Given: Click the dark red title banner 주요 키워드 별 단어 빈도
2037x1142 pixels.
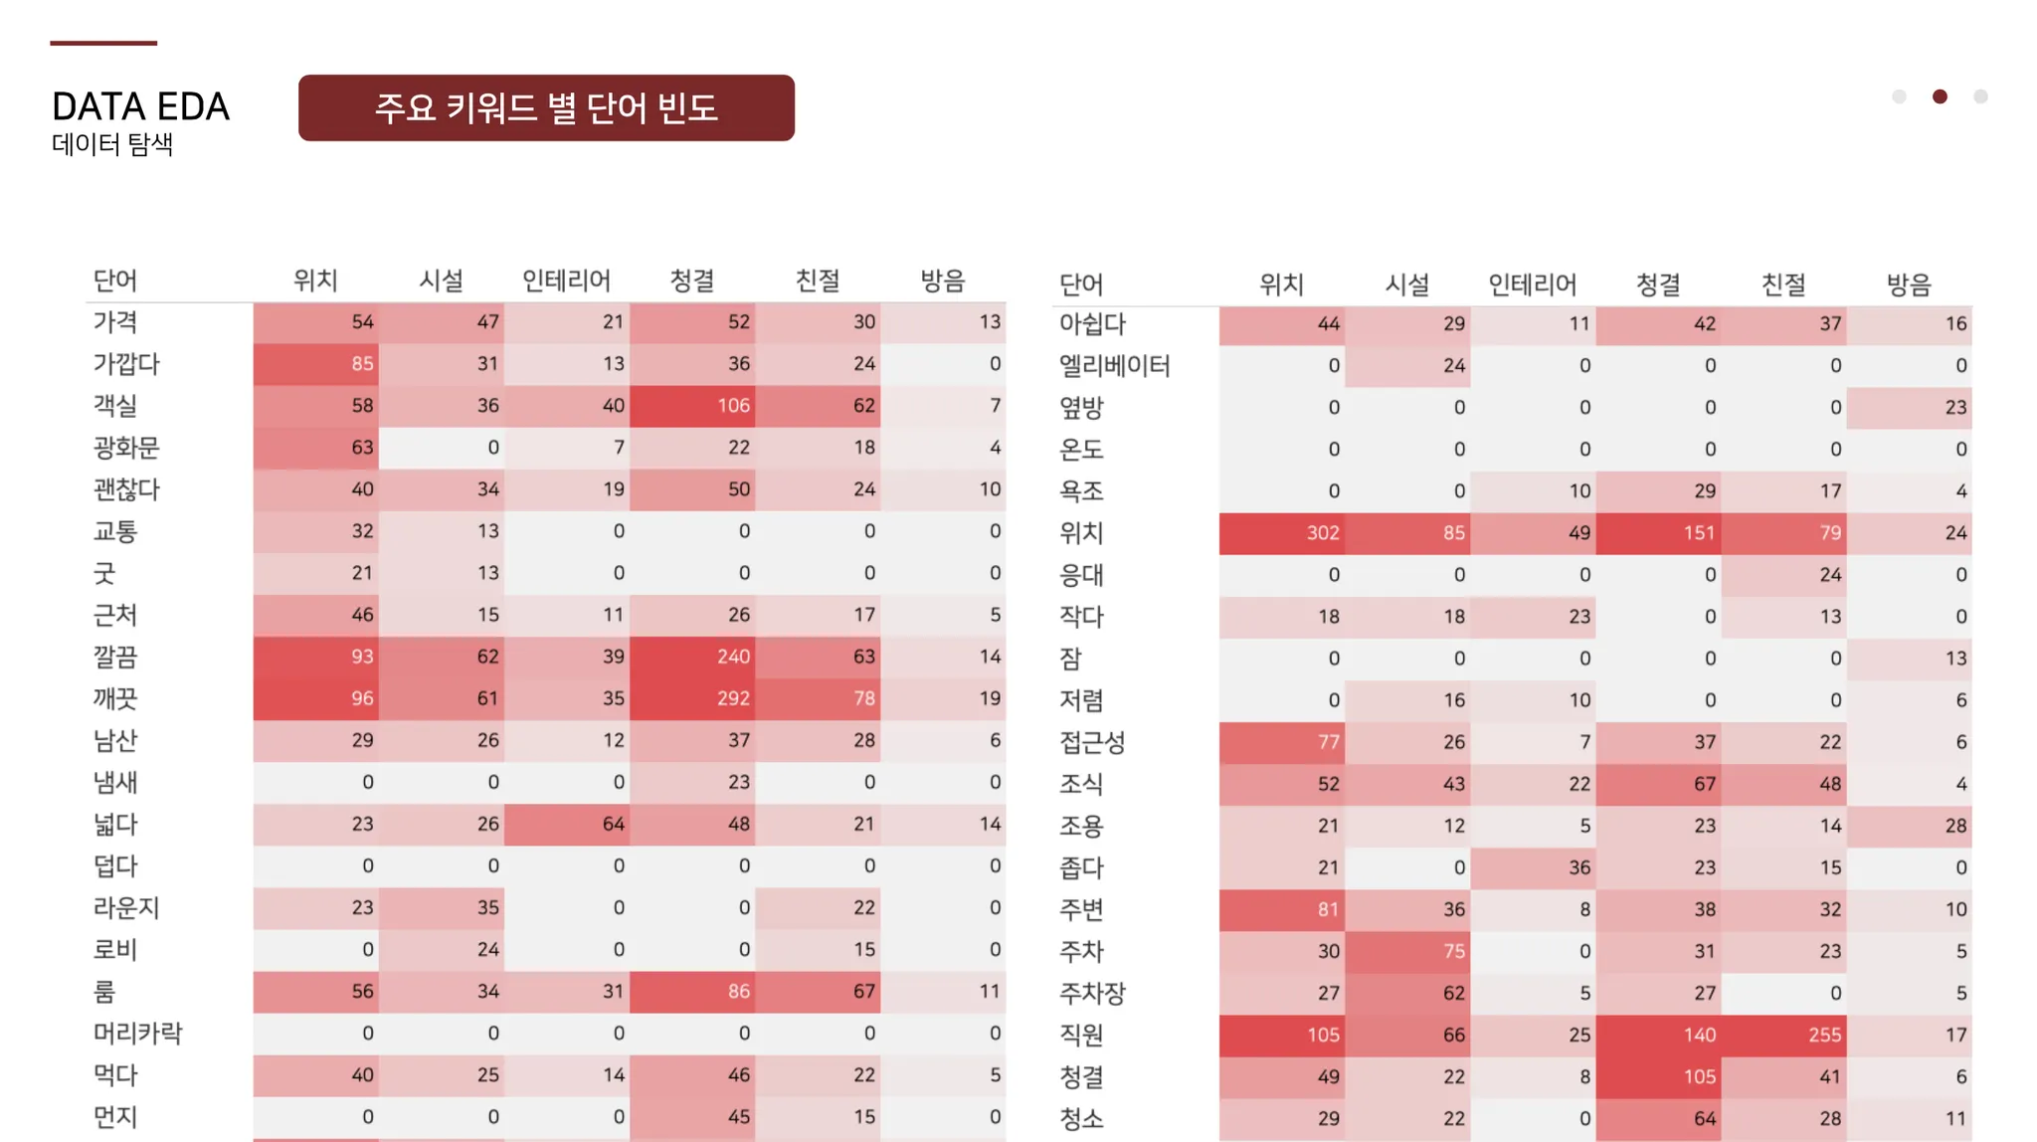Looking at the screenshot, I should [x=546, y=107].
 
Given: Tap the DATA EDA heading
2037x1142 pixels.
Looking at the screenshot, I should [x=140, y=106].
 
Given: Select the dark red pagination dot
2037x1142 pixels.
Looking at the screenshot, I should [x=1940, y=96].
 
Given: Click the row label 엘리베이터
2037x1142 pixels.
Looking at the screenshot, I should [x=1114, y=366].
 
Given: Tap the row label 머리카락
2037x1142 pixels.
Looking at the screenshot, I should [x=137, y=1034].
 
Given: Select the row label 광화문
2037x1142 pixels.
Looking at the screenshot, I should [x=126, y=448].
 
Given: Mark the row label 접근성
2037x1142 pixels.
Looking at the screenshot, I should [x=1092, y=742].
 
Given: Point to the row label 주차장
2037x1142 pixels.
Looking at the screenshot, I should [x=1092, y=993].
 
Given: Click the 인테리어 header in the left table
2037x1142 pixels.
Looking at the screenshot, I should [x=566, y=281].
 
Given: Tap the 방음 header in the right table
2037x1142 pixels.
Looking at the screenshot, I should [x=1909, y=285].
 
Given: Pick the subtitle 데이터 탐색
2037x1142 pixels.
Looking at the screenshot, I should [x=112, y=144].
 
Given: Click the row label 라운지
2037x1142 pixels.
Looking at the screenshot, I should [x=126, y=908].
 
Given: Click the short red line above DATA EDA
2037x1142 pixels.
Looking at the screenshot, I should [x=103, y=43].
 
